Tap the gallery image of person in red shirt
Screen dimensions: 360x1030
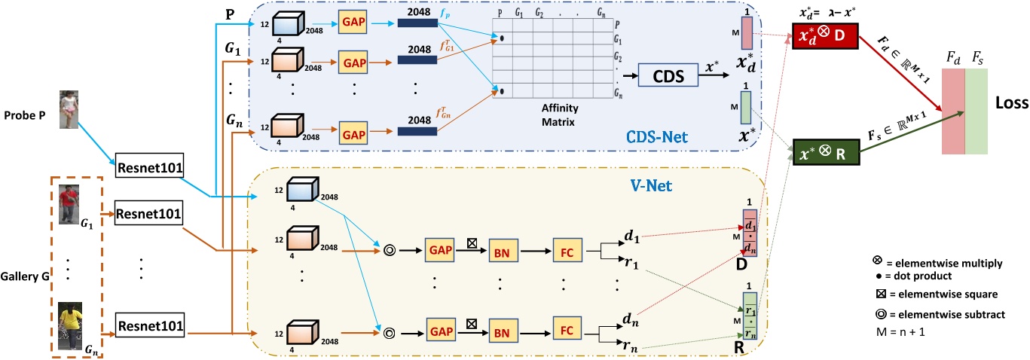click(69, 204)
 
